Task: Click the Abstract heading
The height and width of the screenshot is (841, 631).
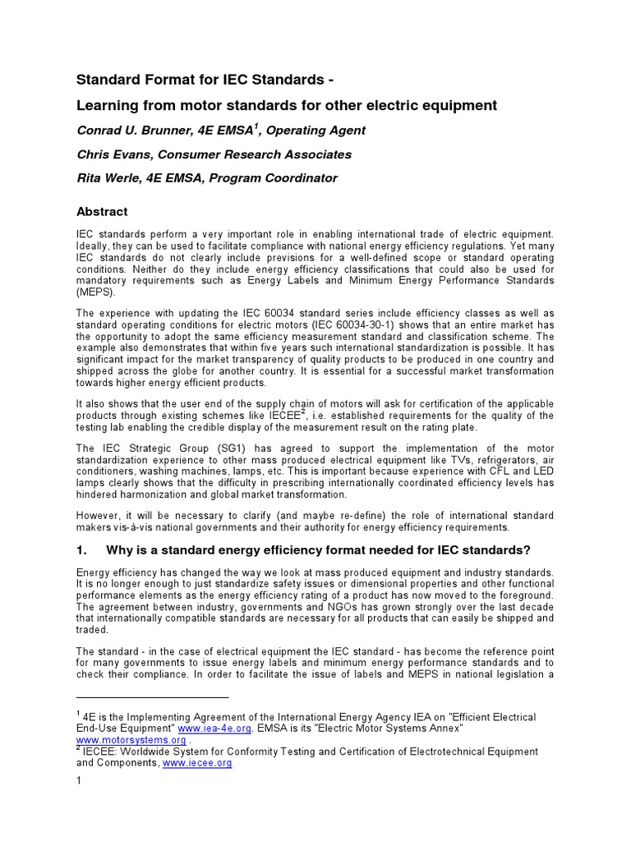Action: point(102,211)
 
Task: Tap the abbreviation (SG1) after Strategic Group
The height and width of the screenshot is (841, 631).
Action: point(214,448)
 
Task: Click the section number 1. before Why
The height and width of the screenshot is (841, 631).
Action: point(82,549)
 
